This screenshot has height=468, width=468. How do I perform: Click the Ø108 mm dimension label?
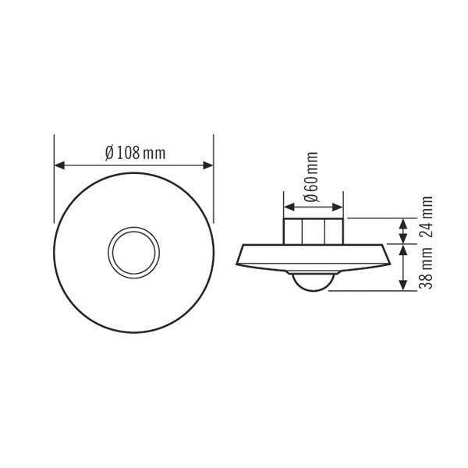click(x=134, y=153)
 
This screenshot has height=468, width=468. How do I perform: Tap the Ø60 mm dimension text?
click(x=312, y=179)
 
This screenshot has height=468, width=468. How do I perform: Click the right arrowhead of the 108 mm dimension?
click(x=208, y=165)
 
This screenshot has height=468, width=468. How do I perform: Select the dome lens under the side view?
click(x=312, y=282)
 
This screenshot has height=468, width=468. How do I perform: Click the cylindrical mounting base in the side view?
click(x=312, y=231)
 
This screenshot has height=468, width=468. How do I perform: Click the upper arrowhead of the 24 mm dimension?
click(x=403, y=223)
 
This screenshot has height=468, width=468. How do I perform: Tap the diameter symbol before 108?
click(x=108, y=153)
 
